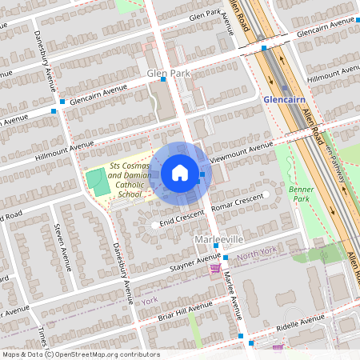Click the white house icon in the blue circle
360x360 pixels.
(x=179, y=173)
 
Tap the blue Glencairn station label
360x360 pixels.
(x=284, y=99)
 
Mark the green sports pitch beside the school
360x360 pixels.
(x=96, y=182)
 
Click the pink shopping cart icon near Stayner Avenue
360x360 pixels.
(x=214, y=269)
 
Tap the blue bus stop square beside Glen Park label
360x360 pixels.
(x=164, y=79)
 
